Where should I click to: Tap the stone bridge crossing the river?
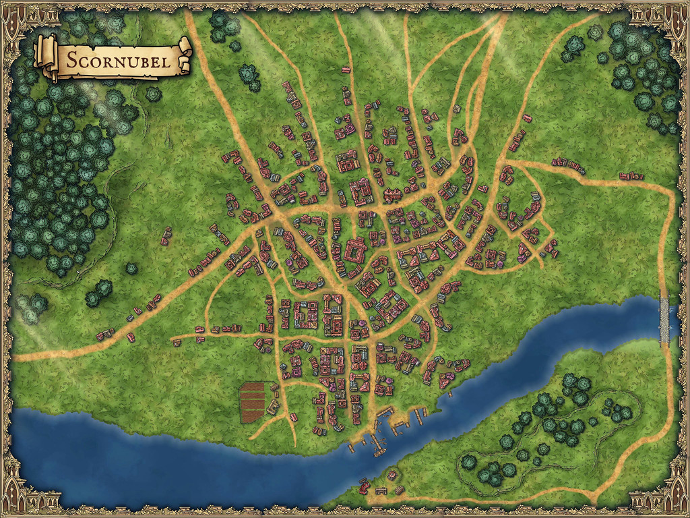coord(666,317)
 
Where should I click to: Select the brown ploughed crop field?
coord(255,401)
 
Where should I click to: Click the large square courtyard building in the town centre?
coord(352,254)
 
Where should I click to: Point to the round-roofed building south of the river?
coord(392,475)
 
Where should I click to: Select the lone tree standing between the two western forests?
coord(131,268)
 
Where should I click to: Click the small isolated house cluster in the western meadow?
coord(166,236)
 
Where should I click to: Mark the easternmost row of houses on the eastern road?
coord(631,176)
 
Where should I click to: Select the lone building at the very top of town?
coord(346,69)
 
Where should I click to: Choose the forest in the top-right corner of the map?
coord(640,67)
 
